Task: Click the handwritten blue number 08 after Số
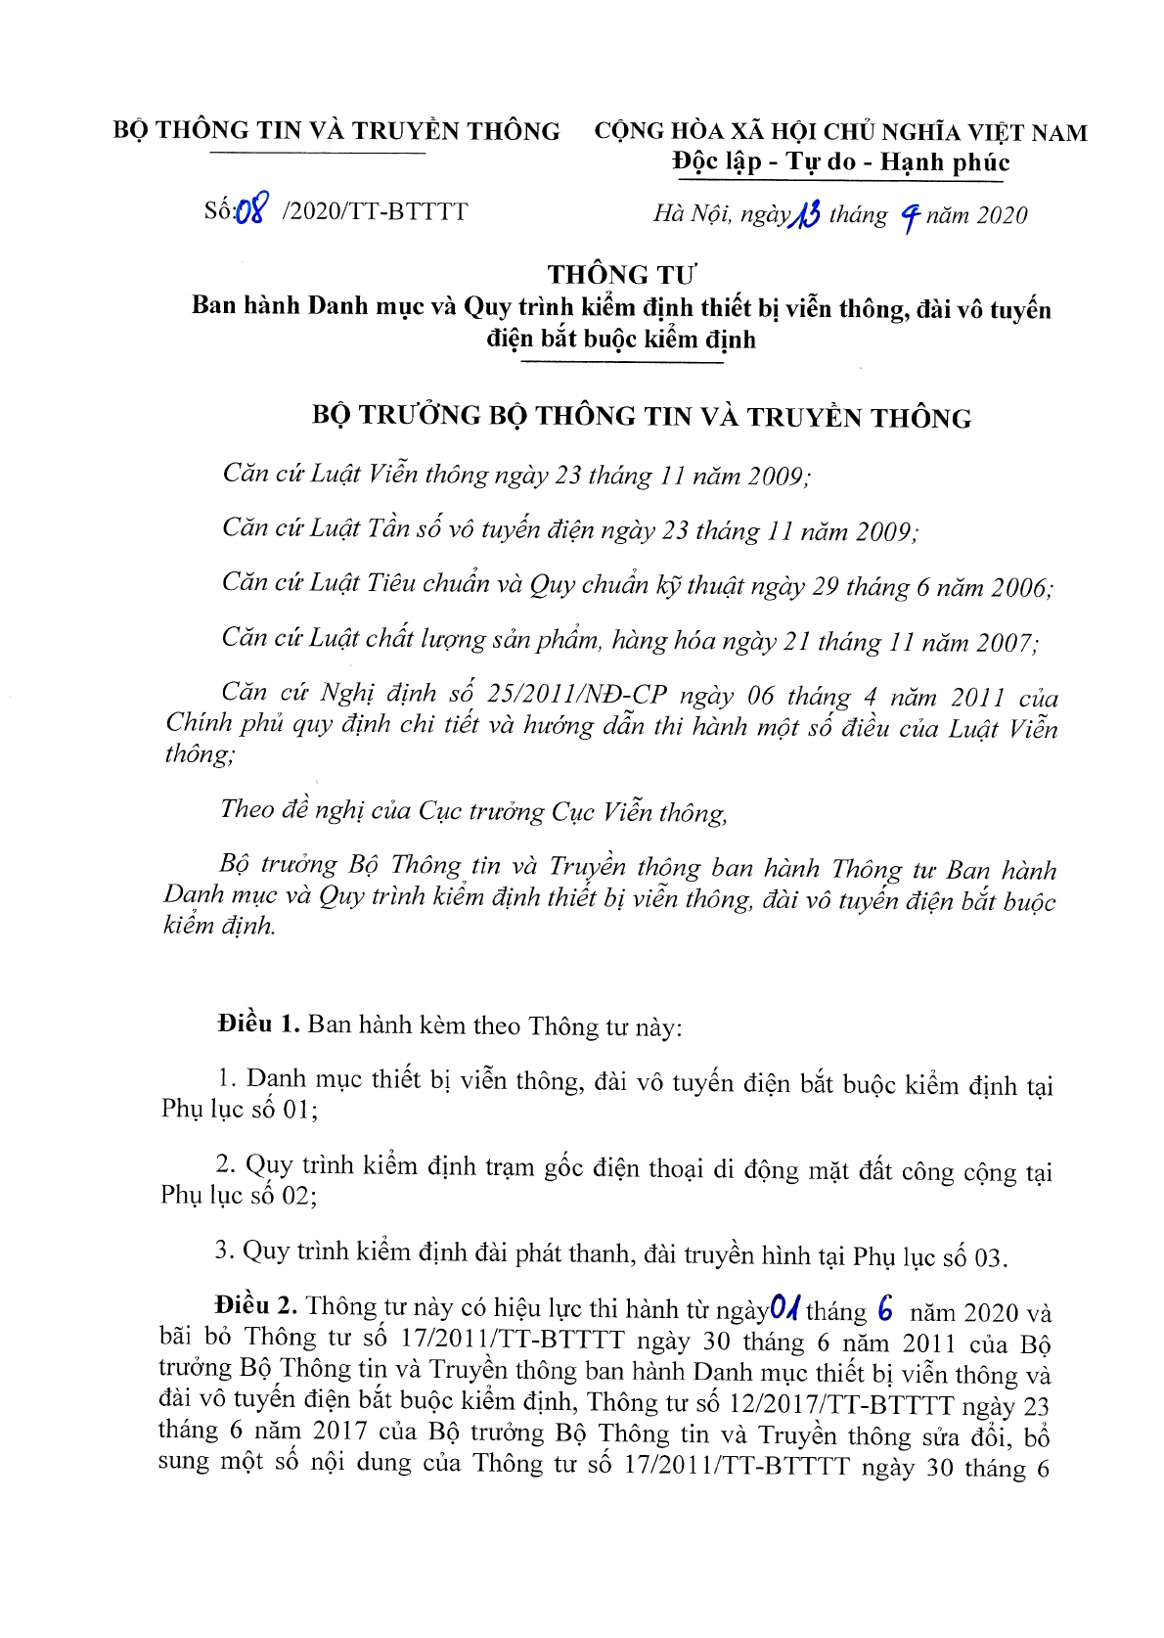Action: pos(250,210)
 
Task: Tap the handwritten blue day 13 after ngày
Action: pos(806,213)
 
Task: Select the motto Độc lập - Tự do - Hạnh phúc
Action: pos(840,161)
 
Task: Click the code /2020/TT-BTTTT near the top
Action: pos(375,211)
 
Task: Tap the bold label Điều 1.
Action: pos(258,1024)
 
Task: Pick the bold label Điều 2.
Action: pos(256,1305)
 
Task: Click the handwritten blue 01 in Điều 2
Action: pos(784,1307)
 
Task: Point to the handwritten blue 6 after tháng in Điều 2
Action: pos(885,1308)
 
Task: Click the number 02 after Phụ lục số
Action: pos(295,1195)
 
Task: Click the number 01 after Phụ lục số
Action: pos(295,1109)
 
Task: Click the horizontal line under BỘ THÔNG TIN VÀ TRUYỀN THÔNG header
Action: pos(318,154)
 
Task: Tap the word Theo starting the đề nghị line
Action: pos(247,809)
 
